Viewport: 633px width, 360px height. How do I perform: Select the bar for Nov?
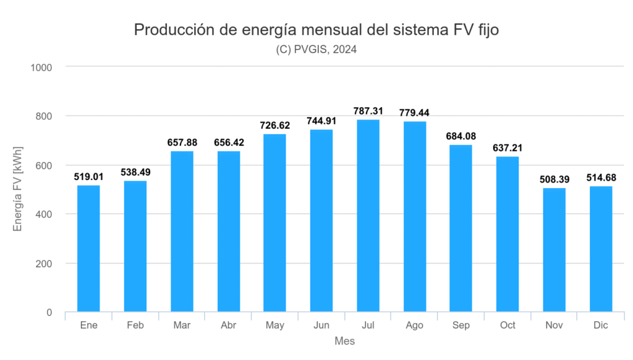[554, 250]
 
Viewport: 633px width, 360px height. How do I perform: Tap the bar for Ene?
[88, 248]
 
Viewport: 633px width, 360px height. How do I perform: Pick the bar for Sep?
[461, 228]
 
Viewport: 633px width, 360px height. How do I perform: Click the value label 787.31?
[368, 111]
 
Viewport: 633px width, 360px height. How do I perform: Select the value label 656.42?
[228, 142]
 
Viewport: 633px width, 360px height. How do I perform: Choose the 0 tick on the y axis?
[49, 312]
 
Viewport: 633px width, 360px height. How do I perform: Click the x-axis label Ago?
[415, 325]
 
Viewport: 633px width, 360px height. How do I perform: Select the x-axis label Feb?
[135, 325]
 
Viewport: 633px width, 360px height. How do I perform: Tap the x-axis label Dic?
[601, 325]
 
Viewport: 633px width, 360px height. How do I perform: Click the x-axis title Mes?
[344, 341]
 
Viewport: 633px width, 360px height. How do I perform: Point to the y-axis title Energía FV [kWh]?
[18, 189]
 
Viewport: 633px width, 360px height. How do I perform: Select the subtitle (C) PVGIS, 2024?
[316, 50]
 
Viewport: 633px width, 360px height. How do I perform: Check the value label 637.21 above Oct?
[508, 148]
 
